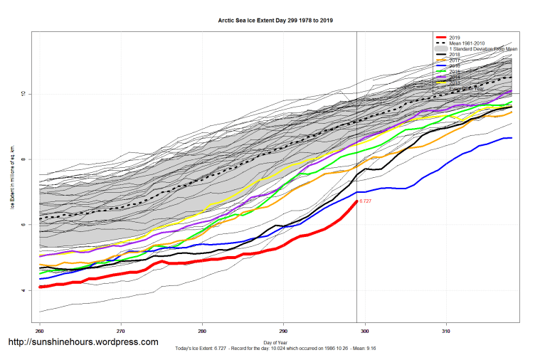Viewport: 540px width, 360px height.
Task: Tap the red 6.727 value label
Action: pos(366,202)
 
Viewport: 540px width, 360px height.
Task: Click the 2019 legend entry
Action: pos(455,37)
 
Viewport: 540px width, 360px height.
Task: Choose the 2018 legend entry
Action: pos(455,54)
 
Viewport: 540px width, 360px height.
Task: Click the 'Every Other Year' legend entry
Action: pos(470,88)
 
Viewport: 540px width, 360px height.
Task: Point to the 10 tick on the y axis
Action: pos(23,93)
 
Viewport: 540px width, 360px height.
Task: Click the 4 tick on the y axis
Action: pos(23,290)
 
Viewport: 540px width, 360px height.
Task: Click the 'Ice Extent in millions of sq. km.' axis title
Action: pos(13,177)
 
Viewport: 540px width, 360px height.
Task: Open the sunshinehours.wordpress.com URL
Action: pos(83,342)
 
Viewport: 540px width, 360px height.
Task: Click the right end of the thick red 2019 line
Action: pos(356,201)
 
